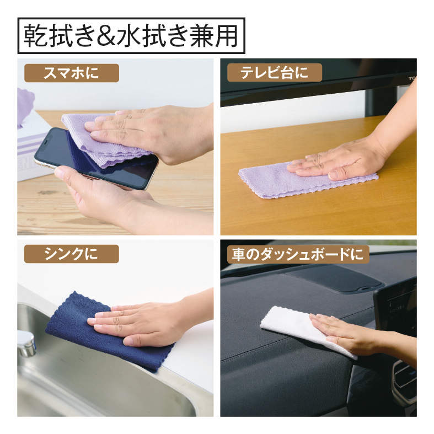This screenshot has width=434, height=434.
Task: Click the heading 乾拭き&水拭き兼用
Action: click(x=131, y=36)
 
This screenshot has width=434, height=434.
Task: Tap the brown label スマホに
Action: click(x=72, y=73)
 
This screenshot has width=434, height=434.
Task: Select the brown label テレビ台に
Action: click(x=274, y=73)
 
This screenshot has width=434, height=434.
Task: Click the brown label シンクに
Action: click(x=71, y=254)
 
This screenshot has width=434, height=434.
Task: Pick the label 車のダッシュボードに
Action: click(x=298, y=254)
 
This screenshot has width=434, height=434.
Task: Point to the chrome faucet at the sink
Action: click(x=26, y=343)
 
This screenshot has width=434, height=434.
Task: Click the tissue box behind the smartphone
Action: click(x=33, y=147)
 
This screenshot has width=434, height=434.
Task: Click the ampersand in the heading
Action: click(x=106, y=36)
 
